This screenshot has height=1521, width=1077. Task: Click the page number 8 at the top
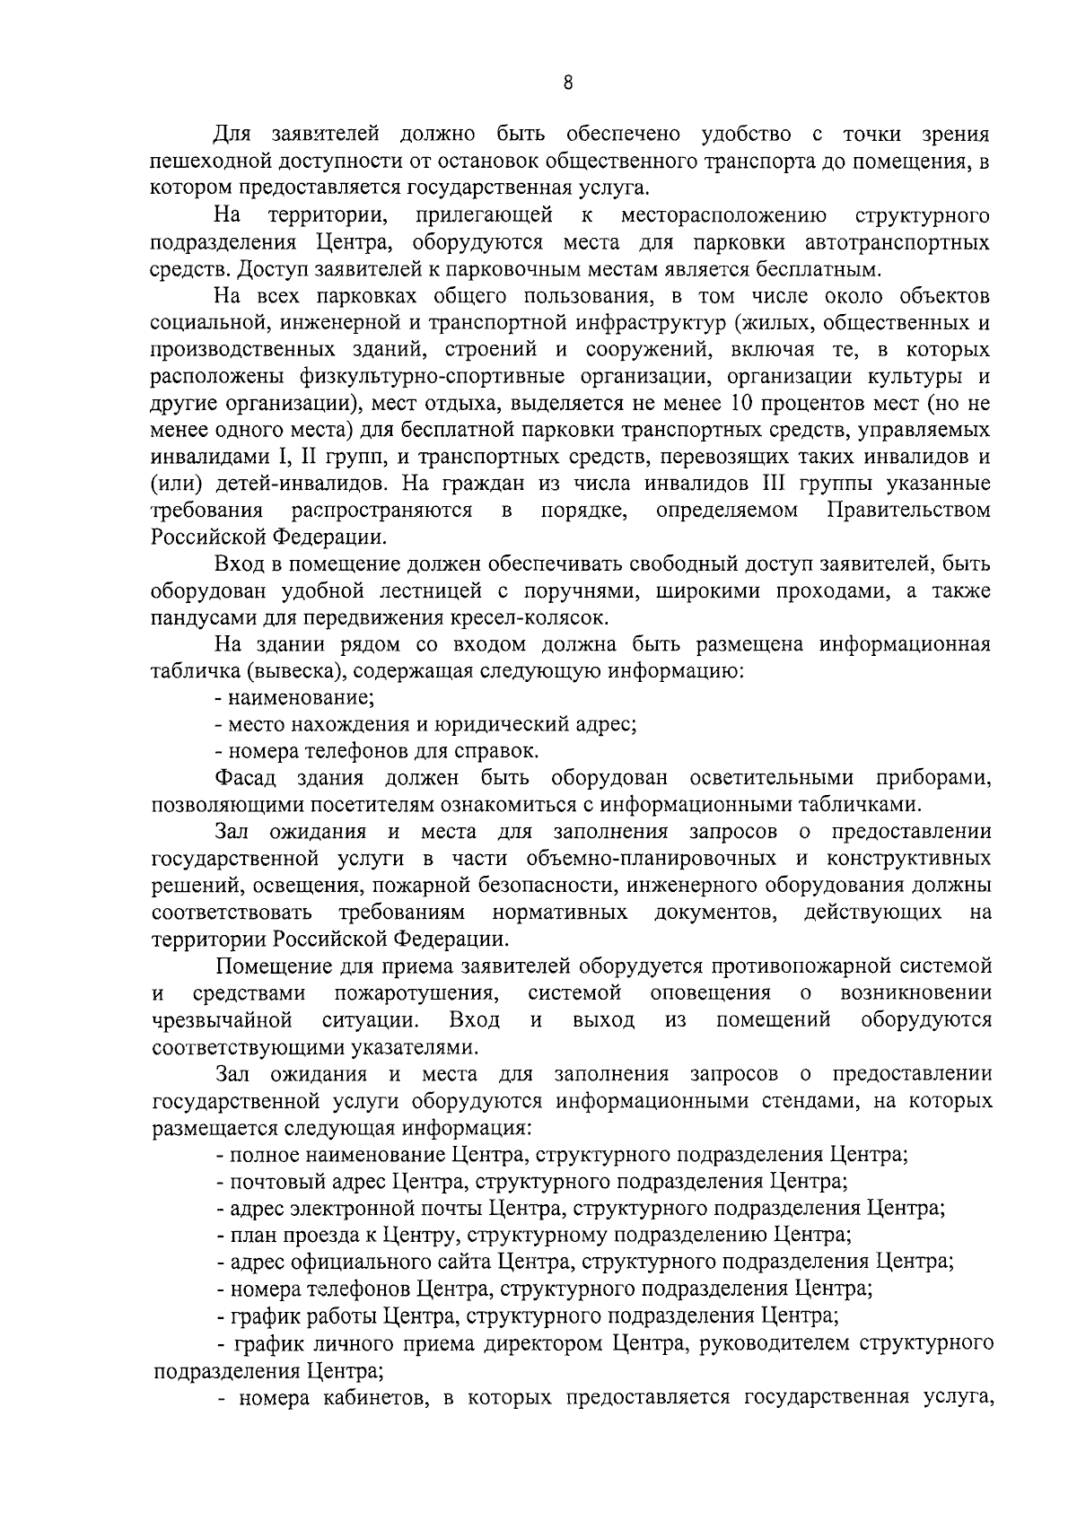click(x=567, y=83)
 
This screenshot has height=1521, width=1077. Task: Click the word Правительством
click(x=907, y=510)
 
